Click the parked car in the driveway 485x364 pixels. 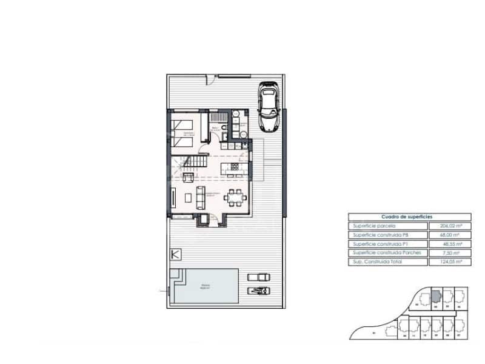(267, 107)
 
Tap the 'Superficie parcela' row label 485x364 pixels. (372, 225)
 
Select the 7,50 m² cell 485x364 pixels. (448, 252)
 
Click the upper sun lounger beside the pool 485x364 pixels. (258, 277)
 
